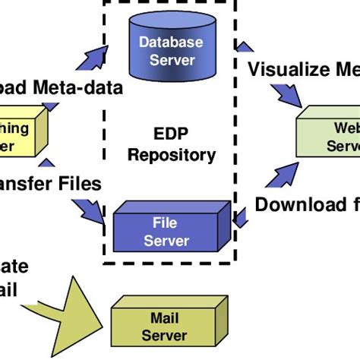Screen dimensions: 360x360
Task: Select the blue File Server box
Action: [166, 230]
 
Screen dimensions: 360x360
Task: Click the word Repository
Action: [172, 155]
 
